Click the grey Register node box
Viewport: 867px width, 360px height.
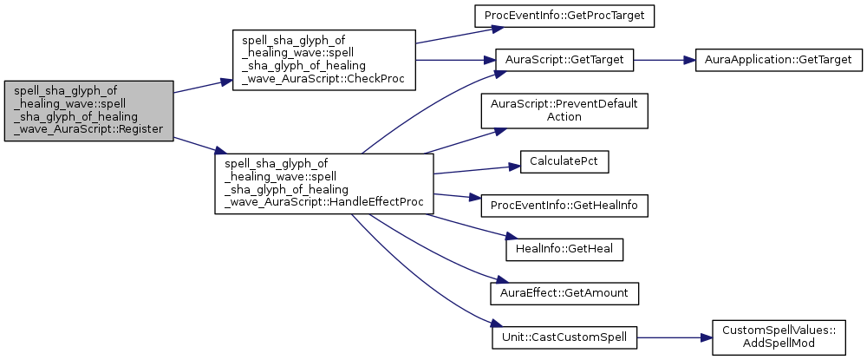(x=88, y=111)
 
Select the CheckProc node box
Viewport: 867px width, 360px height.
(x=323, y=60)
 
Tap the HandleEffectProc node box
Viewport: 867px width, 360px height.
(x=323, y=183)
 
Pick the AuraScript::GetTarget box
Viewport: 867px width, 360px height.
(x=564, y=61)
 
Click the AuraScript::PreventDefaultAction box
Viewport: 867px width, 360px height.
(x=564, y=110)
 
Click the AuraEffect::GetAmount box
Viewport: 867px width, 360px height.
(x=564, y=293)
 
